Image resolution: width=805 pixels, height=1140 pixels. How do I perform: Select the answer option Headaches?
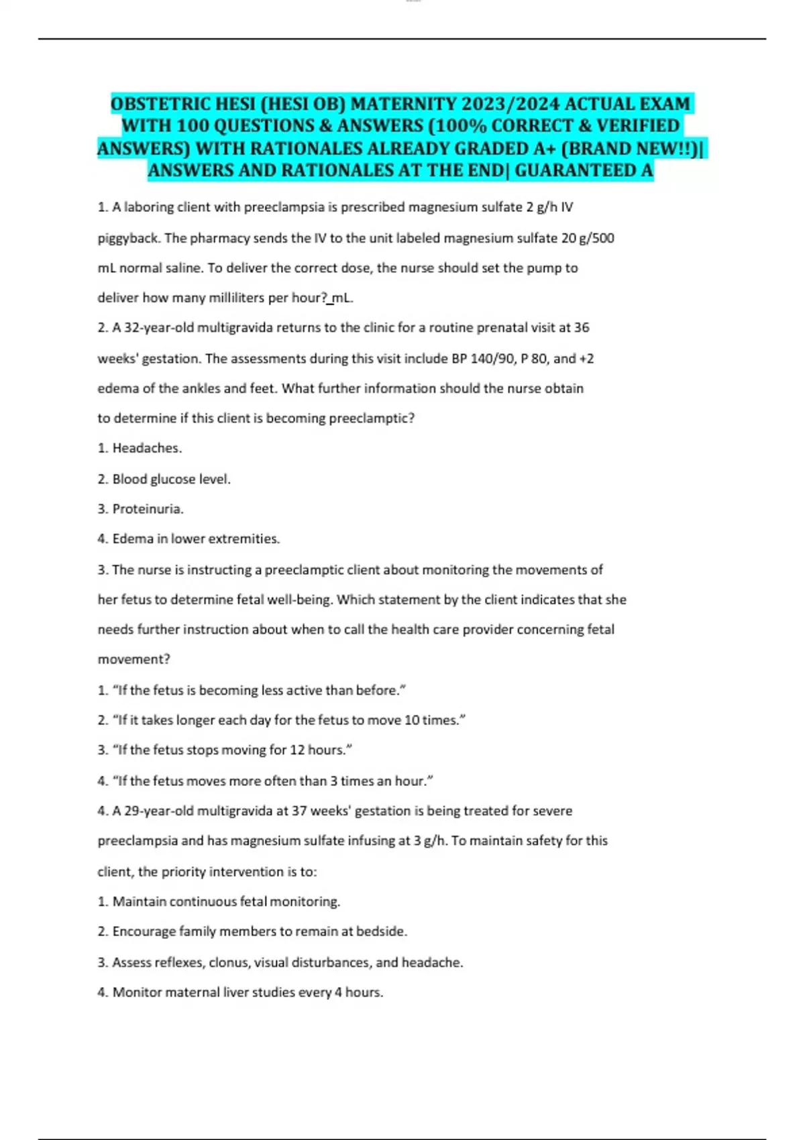tap(146, 448)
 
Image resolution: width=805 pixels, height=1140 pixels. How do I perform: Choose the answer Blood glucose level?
tap(170, 479)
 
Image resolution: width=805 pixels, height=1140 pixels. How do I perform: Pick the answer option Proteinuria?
tap(147, 509)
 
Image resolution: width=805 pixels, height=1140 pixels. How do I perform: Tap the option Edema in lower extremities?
tap(195, 538)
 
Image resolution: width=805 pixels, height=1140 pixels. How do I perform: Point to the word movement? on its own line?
tap(134, 659)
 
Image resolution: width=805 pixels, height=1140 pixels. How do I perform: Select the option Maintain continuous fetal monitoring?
tap(225, 901)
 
